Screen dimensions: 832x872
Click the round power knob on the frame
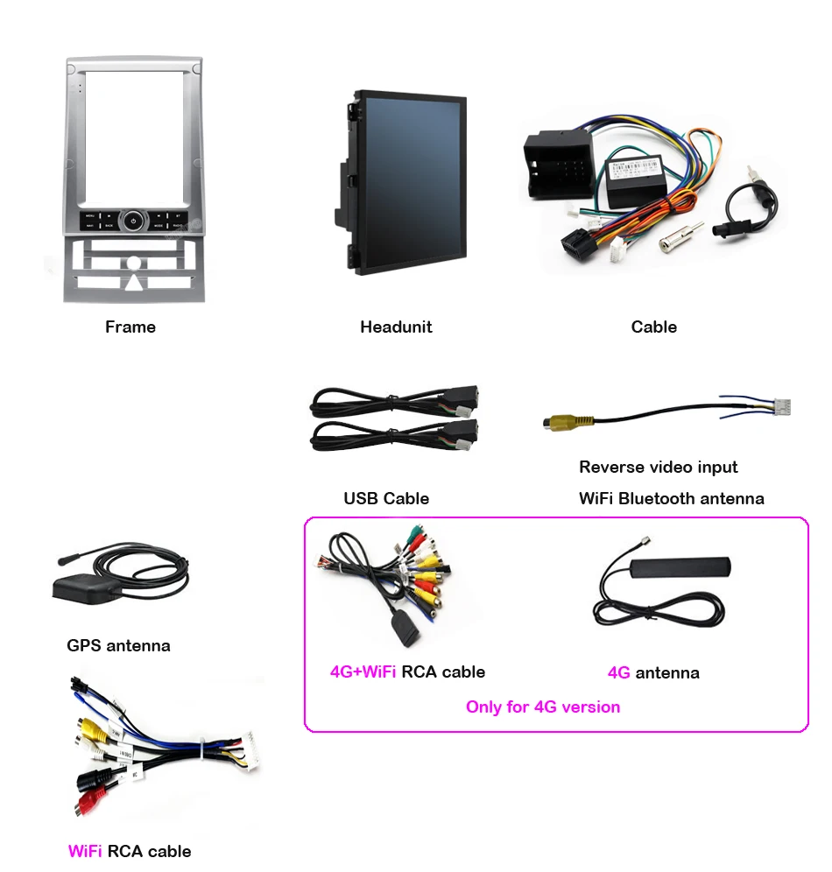[x=132, y=220]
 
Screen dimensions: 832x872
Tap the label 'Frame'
[x=130, y=327]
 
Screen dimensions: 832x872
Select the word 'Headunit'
[x=396, y=327]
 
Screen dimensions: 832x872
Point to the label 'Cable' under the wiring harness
[x=653, y=327]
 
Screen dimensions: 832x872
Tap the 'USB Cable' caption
[x=386, y=499]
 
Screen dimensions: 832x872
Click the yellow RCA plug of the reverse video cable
[x=557, y=423]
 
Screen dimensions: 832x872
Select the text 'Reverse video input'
[x=659, y=468]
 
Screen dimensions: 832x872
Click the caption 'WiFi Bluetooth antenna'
[x=672, y=499]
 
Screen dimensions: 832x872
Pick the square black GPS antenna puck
[x=83, y=587]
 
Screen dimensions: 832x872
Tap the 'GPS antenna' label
[x=119, y=646]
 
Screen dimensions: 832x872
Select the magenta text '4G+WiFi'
[x=363, y=672]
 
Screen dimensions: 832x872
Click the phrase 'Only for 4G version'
[x=543, y=707]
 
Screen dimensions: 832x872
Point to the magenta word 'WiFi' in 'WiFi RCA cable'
[x=84, y=851]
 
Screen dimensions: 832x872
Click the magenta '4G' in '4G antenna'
[x=618, y=673]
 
